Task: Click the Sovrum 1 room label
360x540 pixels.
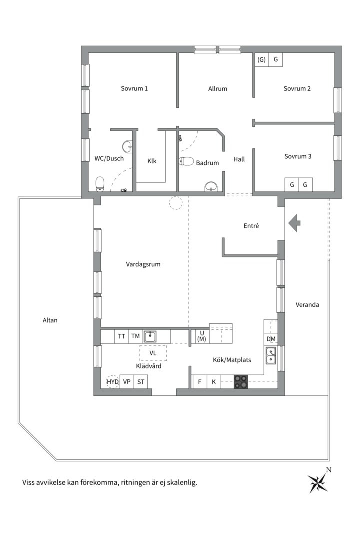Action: (134, 88)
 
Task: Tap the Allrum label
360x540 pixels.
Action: (217, 89)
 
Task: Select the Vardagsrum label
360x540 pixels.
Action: (143, 264)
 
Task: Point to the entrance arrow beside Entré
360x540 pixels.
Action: (295, 223)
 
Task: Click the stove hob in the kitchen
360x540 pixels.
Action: (241, 382)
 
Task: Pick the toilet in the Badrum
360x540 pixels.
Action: (186, 161)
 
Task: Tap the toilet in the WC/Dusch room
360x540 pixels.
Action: (100, 184)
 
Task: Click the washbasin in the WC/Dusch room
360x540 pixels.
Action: (128, 146)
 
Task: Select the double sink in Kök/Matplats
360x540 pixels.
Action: (271, 356)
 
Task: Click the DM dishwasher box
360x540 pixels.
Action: (271, 339)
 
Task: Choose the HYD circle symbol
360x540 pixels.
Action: (112, 382)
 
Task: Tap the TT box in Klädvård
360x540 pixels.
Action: (121, 336)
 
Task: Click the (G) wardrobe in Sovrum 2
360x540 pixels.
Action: (262, 60)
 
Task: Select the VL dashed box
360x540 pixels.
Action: (153, 353)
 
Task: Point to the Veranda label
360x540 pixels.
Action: (307, 305)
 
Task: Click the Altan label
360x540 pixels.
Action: (50, 320)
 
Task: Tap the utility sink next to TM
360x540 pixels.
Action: (150, 336)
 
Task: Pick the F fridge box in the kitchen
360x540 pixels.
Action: (200, 382)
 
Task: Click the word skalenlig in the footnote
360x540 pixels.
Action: (183, 482)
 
